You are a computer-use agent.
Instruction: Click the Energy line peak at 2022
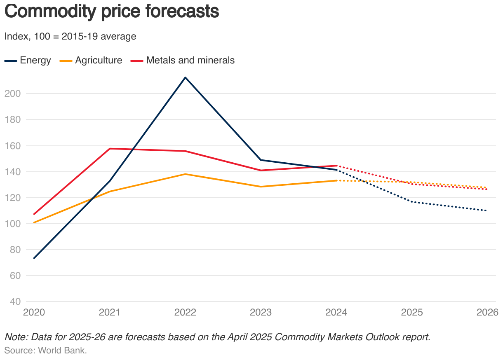(186, 77)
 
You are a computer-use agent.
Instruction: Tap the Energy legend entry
(28, 61)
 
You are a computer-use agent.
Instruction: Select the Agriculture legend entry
(91, 61)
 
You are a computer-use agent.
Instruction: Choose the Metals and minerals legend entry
(183, 61)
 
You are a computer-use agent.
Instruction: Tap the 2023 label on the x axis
(261, 313)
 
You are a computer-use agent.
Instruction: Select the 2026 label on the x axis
(487, 313)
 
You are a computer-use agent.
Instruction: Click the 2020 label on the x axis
(34, 313)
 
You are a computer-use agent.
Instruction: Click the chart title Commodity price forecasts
(111, 12)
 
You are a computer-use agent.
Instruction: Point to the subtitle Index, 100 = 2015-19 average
(70, 36)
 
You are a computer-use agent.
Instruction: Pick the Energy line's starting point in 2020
(34, 258)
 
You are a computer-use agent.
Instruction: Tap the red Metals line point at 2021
(110, 149)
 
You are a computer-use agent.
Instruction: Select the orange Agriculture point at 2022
(186, 174)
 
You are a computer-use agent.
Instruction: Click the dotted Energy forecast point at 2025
(412, 202)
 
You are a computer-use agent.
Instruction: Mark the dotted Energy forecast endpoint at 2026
(487, 210)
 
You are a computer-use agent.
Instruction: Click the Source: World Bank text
(45, 351)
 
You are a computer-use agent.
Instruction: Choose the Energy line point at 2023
(261, 160)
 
